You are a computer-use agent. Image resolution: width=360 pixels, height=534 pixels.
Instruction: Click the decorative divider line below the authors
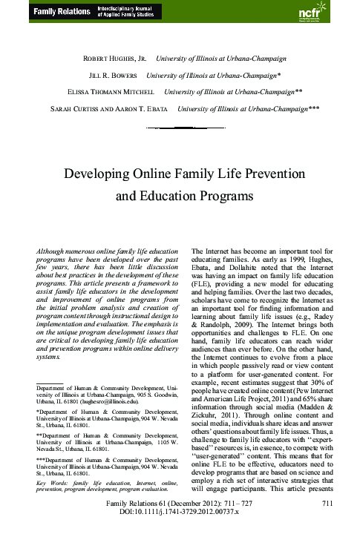pos(180,128)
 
